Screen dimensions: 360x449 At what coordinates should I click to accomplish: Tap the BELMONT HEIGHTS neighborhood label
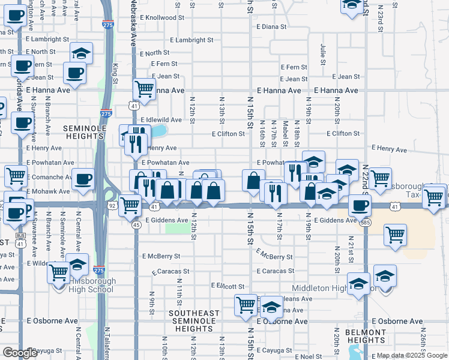(366, 336)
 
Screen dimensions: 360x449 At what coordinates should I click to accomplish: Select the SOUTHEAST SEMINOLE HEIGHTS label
(194, 321)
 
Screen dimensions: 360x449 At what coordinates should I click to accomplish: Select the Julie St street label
(323, 54)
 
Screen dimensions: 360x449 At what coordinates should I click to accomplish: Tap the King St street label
(115, 68)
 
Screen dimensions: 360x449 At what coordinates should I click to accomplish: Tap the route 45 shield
(136, 224)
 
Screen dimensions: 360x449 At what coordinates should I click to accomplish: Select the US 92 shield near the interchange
(112, 205)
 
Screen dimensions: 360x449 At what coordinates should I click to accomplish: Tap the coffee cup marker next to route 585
(360, 206)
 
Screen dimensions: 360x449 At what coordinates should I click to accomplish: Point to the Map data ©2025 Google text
(412, 356)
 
